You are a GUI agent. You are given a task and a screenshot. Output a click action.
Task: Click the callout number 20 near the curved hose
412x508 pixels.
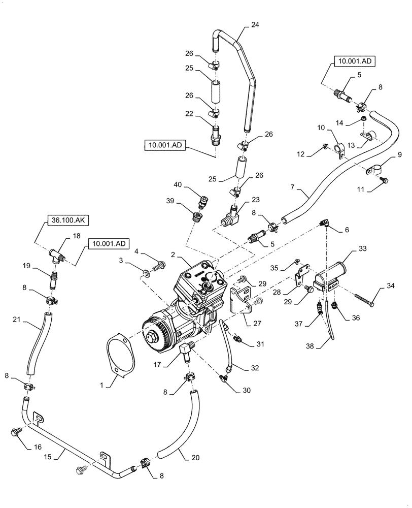tap(196, 457)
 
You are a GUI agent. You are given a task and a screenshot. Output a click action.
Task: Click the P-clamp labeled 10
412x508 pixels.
tap(341, 149)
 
